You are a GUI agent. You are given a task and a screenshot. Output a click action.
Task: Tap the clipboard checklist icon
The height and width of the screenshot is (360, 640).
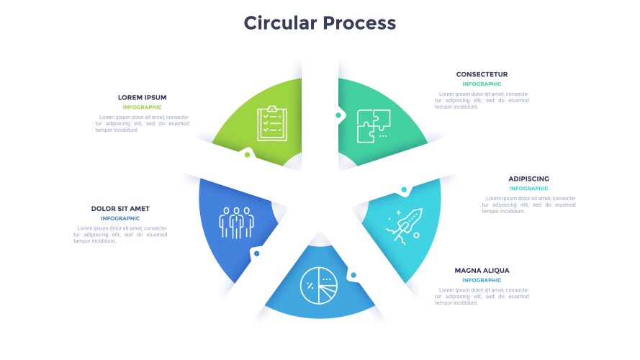pos(271,123)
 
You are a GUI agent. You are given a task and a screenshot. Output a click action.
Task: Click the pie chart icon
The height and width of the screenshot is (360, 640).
pos(318,286)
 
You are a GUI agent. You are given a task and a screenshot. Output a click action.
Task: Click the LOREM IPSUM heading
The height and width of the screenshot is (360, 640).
pos(142,97)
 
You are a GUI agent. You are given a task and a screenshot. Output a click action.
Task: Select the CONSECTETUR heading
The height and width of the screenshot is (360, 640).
pos(482,74)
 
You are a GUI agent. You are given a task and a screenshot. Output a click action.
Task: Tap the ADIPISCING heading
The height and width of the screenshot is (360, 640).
pos(528,179)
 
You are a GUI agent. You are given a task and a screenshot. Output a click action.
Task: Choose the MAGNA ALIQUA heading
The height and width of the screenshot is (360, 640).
pos(482,271)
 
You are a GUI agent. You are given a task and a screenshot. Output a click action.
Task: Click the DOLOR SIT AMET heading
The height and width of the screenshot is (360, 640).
pos(120,209)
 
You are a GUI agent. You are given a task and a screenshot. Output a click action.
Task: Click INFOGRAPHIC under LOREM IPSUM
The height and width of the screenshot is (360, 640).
pos(142,107)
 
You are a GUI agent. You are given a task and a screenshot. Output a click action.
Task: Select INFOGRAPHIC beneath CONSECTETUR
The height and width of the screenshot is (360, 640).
pos(482,84)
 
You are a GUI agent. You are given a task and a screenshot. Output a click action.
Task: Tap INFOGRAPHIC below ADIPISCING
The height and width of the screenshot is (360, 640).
pos(528,189)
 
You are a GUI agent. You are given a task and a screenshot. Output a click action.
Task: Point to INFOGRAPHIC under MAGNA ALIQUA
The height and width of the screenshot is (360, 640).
pos(482,280)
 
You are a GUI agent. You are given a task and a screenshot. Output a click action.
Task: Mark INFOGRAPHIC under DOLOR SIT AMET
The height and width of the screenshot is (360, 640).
pos(120,218)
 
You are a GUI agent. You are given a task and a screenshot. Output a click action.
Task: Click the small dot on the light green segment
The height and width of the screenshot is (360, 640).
pos(248,154)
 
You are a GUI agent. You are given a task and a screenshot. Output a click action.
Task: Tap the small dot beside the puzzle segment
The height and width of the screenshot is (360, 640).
pos(338,114)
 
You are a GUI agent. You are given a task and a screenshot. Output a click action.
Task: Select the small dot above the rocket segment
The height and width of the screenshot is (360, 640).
pos(404,190)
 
